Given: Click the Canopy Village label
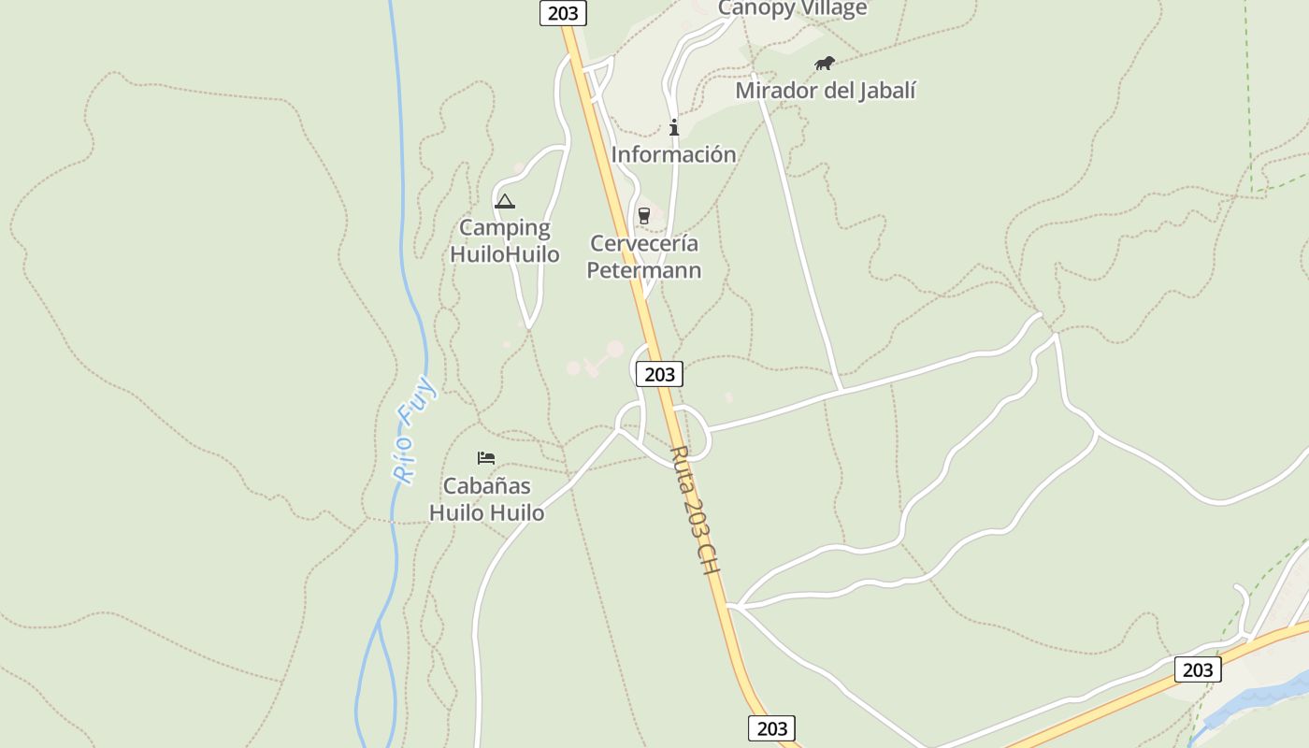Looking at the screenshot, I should click(792, 8).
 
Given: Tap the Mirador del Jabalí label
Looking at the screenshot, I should click(825, 91).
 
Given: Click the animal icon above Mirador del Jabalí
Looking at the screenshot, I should click(824, 64).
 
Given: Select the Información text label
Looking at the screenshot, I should click(673, 154).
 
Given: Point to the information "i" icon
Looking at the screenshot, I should click(673, 128).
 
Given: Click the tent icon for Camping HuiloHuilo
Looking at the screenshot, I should click(505, 201).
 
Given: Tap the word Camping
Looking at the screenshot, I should click(505, 228).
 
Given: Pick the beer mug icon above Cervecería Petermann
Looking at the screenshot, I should click(643, 216).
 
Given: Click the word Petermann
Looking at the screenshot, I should click(643, 270).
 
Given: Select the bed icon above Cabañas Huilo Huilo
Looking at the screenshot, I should click(486, 458).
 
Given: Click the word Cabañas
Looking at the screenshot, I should click(486, 486).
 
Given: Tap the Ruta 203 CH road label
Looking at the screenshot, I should click(696, 510).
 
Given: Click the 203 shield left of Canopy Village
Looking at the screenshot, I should click(564, 12).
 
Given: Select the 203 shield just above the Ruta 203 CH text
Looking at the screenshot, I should click(659, 374).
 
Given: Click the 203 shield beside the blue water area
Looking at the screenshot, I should click(1197, 669).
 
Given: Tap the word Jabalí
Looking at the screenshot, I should click(886, 91).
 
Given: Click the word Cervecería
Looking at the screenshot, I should click(643, 244).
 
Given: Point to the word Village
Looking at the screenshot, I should click(832, 8).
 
